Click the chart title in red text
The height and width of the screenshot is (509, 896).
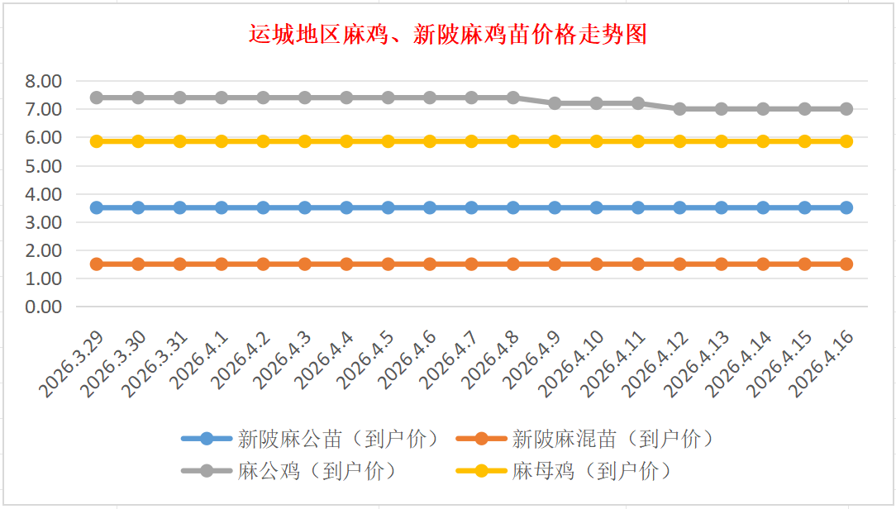coord(447,35)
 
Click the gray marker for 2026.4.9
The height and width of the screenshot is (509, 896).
coord(555,103)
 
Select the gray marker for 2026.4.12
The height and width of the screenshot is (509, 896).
coord(679,109)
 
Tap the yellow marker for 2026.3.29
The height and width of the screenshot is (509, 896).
coord(97,141)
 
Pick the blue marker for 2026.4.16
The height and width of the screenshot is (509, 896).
coord(846,207)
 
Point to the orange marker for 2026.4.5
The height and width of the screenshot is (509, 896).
coord(388,264)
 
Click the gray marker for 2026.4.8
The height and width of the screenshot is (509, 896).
coord(513,98)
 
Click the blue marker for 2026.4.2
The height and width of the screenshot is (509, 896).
coord(263,207)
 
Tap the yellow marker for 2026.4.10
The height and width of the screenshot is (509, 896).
coord(597,141)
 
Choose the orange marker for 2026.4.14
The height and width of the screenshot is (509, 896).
coord(763,264)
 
